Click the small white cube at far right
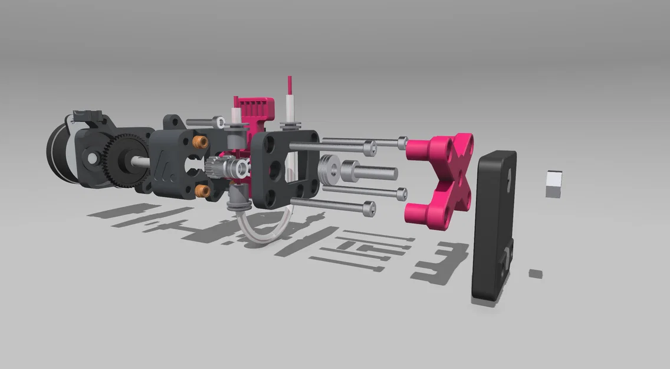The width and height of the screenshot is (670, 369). click(553, 183)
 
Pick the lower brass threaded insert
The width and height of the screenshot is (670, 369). click(202, 190)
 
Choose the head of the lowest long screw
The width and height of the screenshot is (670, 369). click(369, 208)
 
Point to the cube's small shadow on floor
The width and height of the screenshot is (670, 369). click(536, 273)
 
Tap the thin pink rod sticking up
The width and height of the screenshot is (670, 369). click(289, 86)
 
